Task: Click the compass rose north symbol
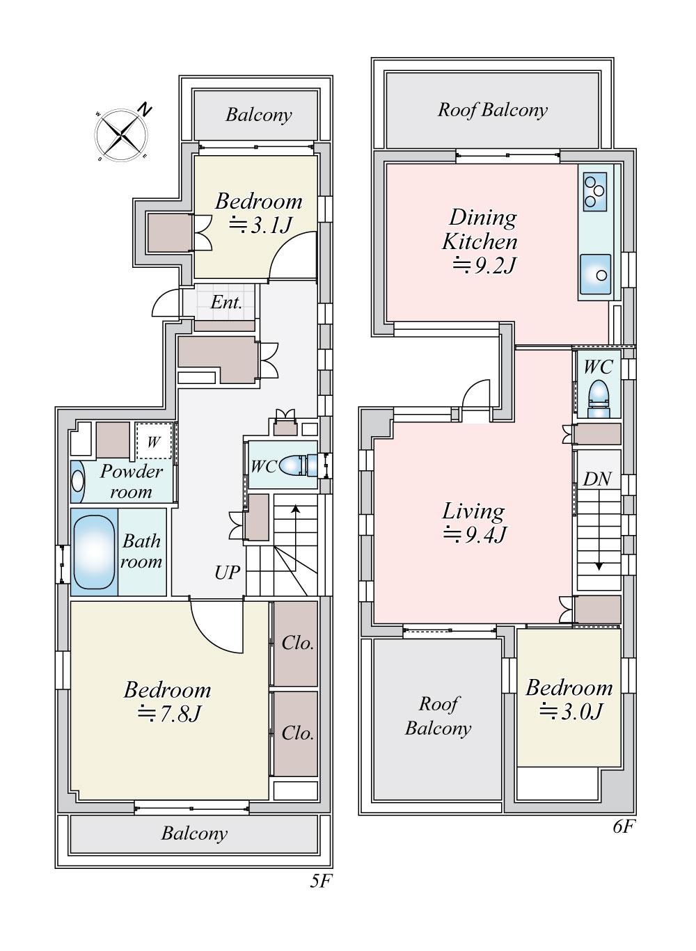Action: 145,110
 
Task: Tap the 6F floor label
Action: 624,826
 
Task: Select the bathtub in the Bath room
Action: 94,552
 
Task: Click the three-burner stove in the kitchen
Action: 595,192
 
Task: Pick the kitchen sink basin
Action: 595,274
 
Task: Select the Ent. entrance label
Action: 226,303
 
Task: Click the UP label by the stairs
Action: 227,573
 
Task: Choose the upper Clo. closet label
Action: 298,644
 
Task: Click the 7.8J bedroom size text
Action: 168,714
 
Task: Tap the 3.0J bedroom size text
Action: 571,711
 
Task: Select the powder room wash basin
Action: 77,481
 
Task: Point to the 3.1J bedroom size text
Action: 260,225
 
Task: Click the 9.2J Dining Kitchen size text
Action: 484,265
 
